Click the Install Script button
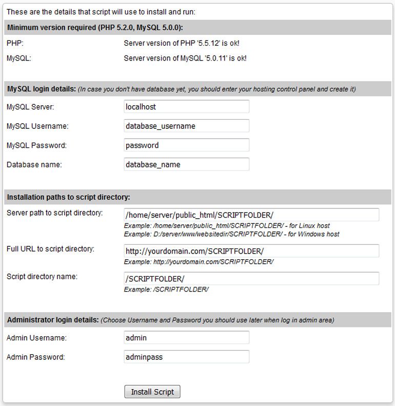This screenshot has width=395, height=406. pyautogui.click(x=152, y=392)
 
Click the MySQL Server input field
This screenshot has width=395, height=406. pyautogui.click(x=186, y=107)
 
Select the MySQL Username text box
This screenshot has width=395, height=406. pyautogui.click(x=186, y=126)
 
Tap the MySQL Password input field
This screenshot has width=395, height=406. pyautogui.click(x=186, y=145)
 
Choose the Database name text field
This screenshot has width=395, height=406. pyautogui.click(x=186, y=165)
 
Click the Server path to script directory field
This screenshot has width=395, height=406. pyautogui.click(x=251, y=215)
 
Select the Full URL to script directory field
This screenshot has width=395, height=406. pyautogui.click(x=251, y=251)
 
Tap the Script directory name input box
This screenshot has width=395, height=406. pyautogui.click(x=251, y=278)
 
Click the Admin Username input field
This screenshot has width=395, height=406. pyautogui.click(x=186, y=337)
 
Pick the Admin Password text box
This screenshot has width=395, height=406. pyautogui.click(x=186, y=357)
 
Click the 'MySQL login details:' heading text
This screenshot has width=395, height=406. pyautogui.click(x=42, y=89)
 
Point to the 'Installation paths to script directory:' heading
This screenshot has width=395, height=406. pyautogui.click(x=68, y=197)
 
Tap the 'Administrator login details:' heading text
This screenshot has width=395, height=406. pyautogui.click(x=53, y=320)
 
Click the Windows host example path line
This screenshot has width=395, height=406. pyautogui.click(x=231, y=234)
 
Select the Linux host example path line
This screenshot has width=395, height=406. pyautogui.click(x=227, y=226)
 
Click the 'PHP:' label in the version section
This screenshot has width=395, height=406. pyautogui.click(x=15, y=43)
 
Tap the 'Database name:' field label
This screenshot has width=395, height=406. pyautogui.click(x=34, y=165)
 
